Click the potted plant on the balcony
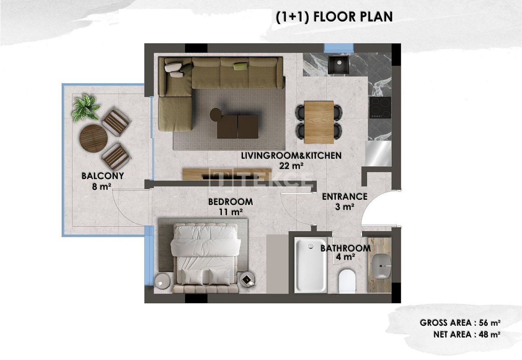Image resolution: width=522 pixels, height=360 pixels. pyautogui.click(x=86, y=108)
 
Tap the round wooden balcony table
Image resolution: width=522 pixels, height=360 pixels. pyautogui.click(x=93, y=138)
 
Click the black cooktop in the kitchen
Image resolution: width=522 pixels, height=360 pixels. pyautogui.click(x=380, y=108)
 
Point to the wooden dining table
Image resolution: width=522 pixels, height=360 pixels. pyautogui.click(x=319, y=122)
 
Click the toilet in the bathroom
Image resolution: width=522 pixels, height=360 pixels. pyautogui.click(x=347, y=280)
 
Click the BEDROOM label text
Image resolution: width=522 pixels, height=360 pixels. pyautogui.click(x=230, y=202)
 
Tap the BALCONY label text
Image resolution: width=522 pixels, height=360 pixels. pyautogui.click(x=103, y=176)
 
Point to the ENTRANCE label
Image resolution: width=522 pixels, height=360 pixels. pyautogui.click(x=345, y=197)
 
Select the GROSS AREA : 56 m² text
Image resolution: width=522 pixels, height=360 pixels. pyautogui.click(x=460, y=323)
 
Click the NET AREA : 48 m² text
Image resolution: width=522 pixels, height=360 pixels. pyautogui.click(x=467, y=335)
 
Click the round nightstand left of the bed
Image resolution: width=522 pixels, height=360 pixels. pyautogui.click(x=163, y=281)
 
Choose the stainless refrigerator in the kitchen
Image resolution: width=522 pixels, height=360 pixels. pyautogui.click(x=378, y=153)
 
